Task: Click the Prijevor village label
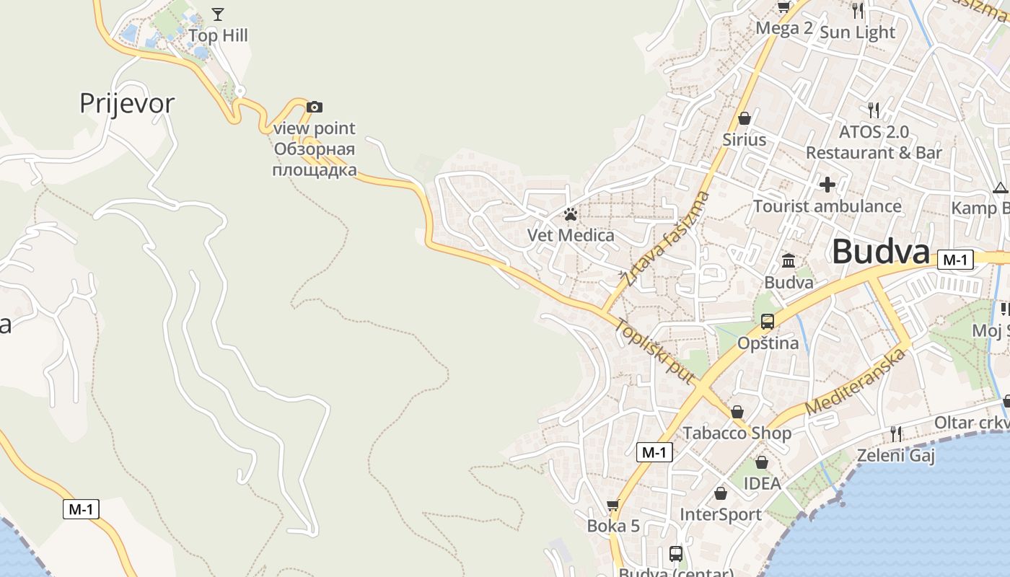[127, 103]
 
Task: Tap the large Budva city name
[881, 252]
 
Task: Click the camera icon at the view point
[315, 107]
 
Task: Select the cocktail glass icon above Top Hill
[218, 14]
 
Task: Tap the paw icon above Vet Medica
[571, 214]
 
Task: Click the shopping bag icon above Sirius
[745, 118]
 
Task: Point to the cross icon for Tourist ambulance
[827, 185]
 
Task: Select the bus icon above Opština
[768, 322]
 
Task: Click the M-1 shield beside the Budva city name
[955, 260]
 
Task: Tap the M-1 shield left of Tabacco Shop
[654, 452]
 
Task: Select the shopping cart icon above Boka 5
[613, 505]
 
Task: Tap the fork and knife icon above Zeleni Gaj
[896, 433]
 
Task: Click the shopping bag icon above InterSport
[721, 493]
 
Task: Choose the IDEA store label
[762, 483]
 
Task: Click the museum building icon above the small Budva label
[789, 260]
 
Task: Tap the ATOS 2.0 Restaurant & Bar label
[874, 142]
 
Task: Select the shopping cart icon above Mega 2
[784, 7]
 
